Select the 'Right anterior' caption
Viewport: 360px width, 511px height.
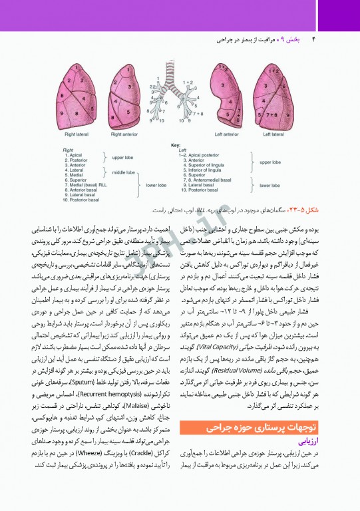click(x=125, y=134)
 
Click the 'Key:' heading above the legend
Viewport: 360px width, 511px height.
click(x=176, y=145)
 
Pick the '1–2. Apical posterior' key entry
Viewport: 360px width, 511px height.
click(x=202, y=154)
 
